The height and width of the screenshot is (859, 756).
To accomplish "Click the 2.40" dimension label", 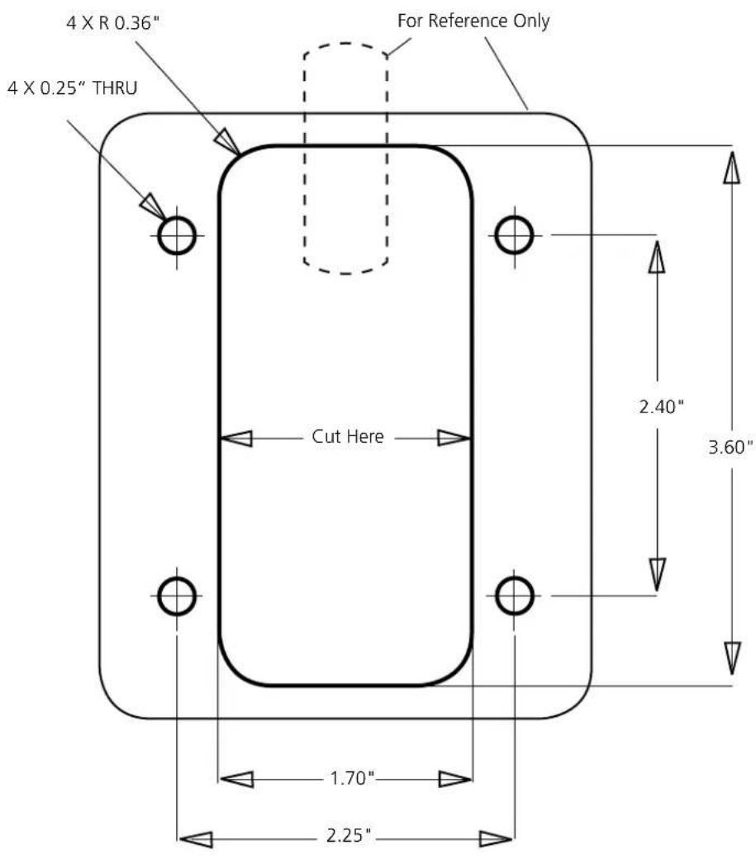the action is click(661, 407).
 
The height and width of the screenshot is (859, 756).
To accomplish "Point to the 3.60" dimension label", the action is click(730, 448).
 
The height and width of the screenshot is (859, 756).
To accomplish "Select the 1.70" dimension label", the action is click(352, 778).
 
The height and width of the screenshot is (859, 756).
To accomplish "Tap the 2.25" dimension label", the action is click(349, 836).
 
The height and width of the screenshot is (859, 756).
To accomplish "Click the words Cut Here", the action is click(348, 437).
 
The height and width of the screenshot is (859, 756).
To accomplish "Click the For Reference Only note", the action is click(473, 21).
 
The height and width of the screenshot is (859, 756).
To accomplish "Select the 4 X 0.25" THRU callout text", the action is click(73, 88).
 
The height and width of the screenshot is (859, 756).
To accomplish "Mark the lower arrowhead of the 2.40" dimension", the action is click(657, 575).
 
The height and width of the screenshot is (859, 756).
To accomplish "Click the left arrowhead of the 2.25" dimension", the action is click(196, 839).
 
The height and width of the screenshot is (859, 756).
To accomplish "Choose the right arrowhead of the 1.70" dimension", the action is click(455, 779).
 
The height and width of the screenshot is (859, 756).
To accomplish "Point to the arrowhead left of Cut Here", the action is click(236, 439).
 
